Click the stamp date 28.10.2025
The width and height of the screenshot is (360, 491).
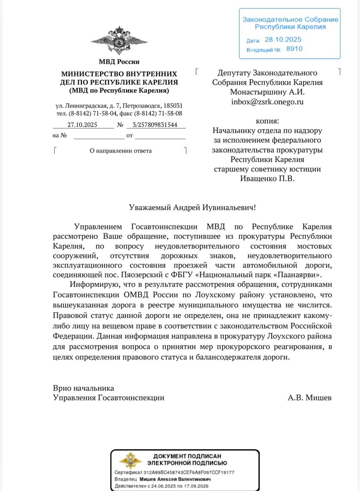[283, 40]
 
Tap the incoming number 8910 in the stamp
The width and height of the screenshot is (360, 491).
[294, 49]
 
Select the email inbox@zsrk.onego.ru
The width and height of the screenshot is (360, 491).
[267, 102]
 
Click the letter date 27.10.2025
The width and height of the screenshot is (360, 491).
[82, 125]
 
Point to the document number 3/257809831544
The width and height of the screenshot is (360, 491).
[155, 125]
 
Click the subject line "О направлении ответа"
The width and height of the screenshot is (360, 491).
[121, 151]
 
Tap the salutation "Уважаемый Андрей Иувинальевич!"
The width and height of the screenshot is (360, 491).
[192, 208]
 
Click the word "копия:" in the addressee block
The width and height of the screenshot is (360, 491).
[267, 120]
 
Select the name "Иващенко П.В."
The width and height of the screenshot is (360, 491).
[267, 178]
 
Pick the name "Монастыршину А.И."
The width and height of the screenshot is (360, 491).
[267, 92]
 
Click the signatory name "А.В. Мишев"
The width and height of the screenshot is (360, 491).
[309, 398]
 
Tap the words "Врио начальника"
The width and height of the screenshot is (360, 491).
[84, 388]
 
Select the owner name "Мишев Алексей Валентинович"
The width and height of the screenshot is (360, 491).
[175, 479]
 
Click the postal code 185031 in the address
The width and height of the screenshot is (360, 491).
[173, 105]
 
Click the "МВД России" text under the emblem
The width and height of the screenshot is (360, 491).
[119, 62]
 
